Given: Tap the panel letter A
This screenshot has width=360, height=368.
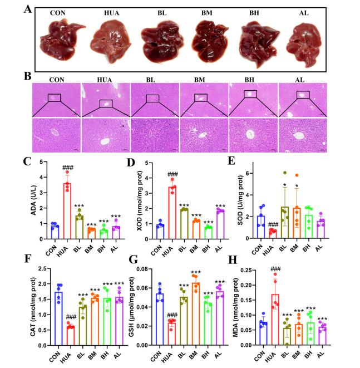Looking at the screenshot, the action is coord(28,9).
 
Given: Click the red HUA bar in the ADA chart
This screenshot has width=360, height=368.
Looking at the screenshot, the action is coord(67,211).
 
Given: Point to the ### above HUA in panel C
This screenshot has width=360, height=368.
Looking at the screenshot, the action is coord(68,168).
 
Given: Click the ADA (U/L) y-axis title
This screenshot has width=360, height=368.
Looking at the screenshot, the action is coord(34,200).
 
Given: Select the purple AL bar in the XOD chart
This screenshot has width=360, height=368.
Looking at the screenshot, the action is coord(220,225).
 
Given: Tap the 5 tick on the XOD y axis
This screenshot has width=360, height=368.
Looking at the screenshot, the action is coord(146,163).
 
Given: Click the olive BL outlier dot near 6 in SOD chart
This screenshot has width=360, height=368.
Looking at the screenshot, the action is coord(285,173).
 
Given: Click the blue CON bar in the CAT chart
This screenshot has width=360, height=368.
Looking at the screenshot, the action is coord(58,318).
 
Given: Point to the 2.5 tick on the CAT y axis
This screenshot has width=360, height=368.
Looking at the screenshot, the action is coord(43,269).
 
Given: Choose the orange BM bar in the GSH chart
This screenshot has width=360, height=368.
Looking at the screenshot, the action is coord(196,314).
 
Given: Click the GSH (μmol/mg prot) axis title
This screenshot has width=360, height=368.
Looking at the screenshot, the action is coord(132,307).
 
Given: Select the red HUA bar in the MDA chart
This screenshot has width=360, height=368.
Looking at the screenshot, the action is coord(275,320).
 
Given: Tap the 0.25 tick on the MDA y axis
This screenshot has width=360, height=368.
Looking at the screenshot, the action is coord(247,271).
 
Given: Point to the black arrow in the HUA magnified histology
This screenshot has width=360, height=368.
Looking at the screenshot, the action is coord(122,126).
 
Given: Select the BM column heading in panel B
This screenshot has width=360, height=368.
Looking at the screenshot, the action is coord(199,80).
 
